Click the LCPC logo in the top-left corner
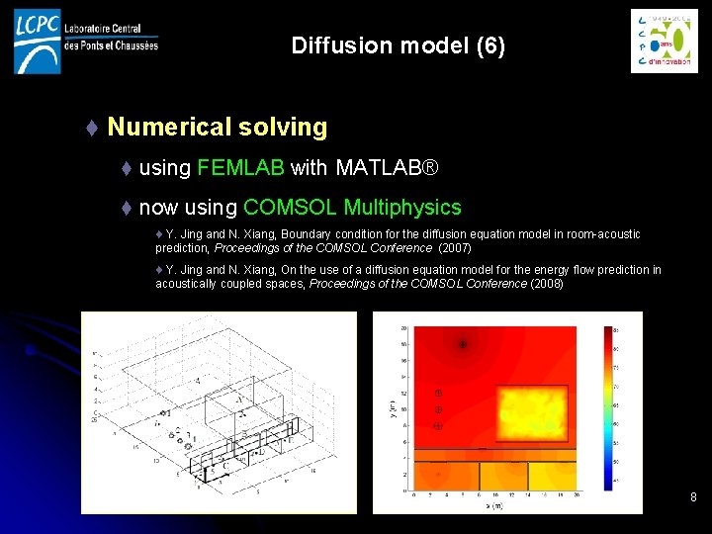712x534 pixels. (x=38, y=41)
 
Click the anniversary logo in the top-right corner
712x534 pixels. (x=664, y=41)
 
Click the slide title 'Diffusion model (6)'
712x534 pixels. (x=398, y=45)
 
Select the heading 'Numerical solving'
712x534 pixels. (x=217, y=127)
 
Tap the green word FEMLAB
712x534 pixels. (x=240, y=168)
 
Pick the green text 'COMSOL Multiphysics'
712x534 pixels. (x=352, y=208)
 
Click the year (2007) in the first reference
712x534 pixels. (x=455, y=248)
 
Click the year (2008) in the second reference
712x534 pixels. (x=547, y=284)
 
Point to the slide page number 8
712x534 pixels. (x=693, y=496)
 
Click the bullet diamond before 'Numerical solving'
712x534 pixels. (x=91, y=128)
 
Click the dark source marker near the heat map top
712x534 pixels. (x=462, y=344)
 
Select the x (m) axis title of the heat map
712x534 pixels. (x=493, y=505)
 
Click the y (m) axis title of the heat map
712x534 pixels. (x=392, y=406)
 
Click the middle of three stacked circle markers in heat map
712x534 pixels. (x=438, y=408)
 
